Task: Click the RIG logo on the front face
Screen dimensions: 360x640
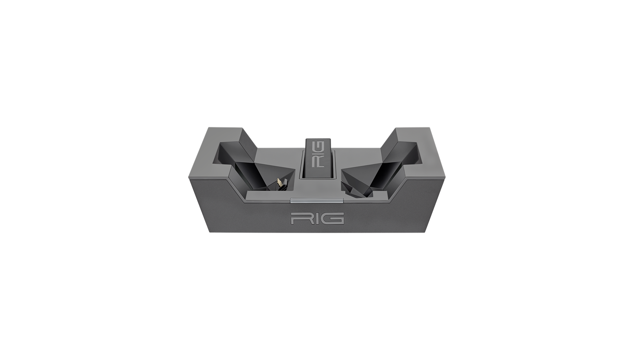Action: pyautogui.click(x=317, y=218)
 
